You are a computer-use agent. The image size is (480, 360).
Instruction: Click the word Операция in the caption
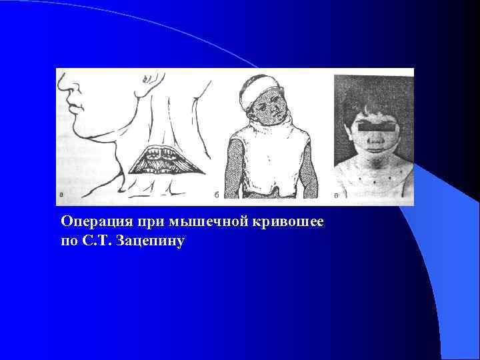pyautogui.click(x=88, y=221)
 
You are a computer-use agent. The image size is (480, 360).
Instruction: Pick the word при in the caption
pyautogui.click(x=135, y=221)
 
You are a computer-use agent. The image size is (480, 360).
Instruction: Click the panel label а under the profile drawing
pyautogui.click(x=61, y=195)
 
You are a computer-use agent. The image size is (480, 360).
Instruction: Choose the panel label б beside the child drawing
pyautogui.click(x=217, y=195)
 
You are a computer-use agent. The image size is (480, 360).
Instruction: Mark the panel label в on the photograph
pyautogui.click(x=337, y=195)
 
